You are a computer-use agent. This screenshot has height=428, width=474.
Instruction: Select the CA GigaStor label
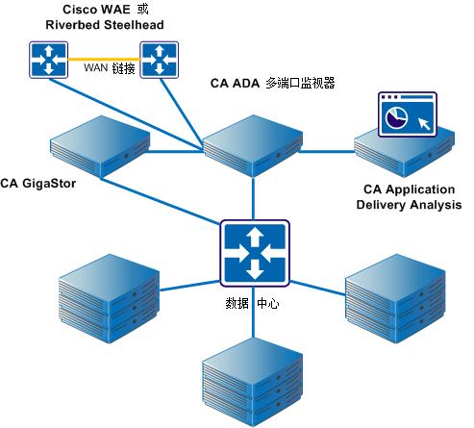[37, 182]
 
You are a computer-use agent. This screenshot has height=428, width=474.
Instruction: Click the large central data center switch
[254, 251]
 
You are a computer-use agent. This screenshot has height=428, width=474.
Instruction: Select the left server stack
[105, 295]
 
